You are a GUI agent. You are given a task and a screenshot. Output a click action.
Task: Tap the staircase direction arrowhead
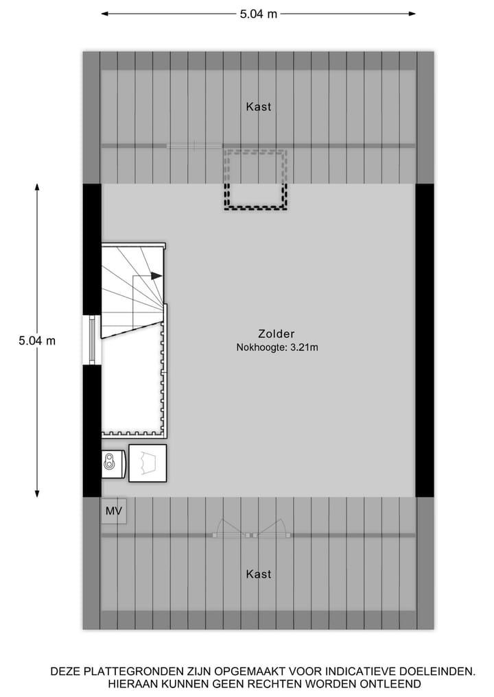click(x=157, y=276)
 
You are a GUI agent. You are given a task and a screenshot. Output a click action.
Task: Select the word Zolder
click(x=277, y=334)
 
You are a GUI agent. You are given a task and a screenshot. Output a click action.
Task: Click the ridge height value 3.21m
click(x=305, y=347)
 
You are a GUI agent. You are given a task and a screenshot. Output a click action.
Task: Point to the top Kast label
click(x=259, y=107)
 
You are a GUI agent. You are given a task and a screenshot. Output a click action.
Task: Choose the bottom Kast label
click(x=259, y=574)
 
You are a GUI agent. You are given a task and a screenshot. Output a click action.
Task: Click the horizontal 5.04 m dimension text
click(x=259, y=14)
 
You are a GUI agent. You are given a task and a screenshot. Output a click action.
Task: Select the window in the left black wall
click(x=91, y=340)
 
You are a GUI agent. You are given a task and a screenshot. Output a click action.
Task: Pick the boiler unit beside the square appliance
click(x=113, y=464)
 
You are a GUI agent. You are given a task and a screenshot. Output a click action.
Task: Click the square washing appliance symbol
click(x=148, y=463)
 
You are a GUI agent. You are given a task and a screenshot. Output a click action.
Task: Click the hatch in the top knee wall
click(x=194, y=145)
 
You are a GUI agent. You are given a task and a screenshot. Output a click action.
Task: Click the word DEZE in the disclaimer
click(x=66, y=672)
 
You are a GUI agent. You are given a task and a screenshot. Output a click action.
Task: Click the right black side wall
click(x=425, y=340)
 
